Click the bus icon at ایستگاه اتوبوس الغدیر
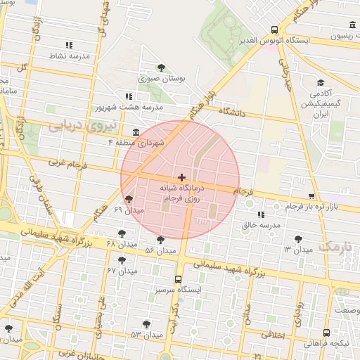[274, 30]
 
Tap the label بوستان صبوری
[162, 80]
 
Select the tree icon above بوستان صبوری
[162, 68]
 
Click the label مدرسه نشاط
[69, 55]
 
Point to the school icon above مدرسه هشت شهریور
[127, 96]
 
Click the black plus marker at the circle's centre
[182, 177]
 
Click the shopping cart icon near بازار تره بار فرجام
[311, 196]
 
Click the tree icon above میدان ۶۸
[122, 233]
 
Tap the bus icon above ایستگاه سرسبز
[178, 278]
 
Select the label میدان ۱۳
[297, 250]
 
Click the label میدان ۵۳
[146, 334]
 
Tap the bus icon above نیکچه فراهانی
[326, 333]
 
